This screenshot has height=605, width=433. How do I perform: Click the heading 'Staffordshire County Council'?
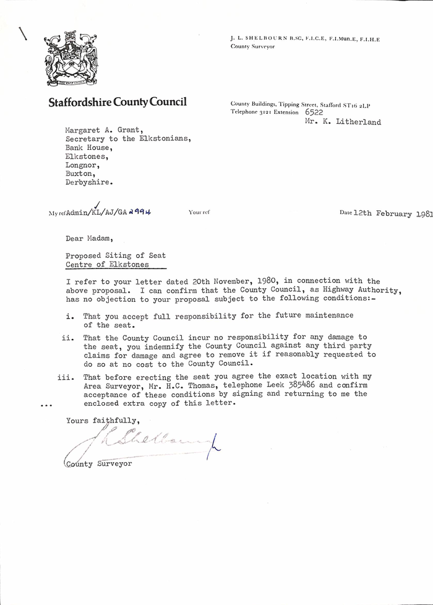(118, 102)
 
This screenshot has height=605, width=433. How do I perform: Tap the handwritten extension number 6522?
(314, 113)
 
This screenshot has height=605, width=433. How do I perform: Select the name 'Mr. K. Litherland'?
(343, 122)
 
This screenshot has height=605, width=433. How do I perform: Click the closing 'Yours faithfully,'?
(100, 421)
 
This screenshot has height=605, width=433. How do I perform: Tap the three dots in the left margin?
(45, 406)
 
